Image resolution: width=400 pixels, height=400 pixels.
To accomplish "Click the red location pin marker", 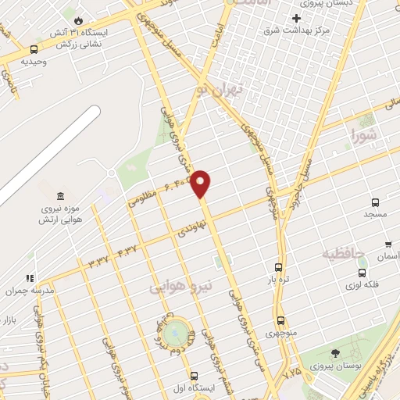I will pos(202,182).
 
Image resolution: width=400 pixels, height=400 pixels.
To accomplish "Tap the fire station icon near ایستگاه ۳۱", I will pos(78,20).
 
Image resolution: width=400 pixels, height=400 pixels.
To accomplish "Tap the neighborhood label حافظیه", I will pos(341,254).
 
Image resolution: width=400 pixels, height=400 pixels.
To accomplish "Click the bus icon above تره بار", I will pos(279,267).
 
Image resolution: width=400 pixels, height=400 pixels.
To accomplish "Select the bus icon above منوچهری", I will pos(280,320).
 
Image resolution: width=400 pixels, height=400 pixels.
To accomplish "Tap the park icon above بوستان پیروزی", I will pos(336,353).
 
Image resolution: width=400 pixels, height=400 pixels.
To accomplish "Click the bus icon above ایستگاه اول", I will pos(194,376).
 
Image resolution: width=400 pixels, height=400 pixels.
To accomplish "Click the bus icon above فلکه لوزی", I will pos(362,273).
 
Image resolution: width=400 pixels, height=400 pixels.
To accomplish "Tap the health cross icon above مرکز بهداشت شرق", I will pos(296,19).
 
